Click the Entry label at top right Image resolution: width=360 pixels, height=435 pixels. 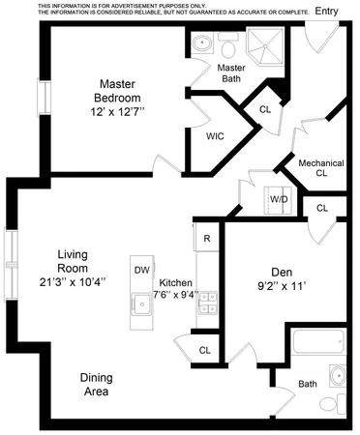click(327, 11)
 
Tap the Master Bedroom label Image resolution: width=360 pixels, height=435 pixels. click(117, 91)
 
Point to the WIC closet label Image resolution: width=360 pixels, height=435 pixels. click(216, 136)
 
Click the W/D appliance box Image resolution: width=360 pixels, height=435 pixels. click(280, 198)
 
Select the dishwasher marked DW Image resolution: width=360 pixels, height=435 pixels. click(141, 270)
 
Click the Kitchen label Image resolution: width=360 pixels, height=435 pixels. click(176, 283)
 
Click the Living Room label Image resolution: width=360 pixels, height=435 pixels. click(74, 261)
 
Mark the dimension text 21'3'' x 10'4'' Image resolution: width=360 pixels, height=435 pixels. click(74, 282)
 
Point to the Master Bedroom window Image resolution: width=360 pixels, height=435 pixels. click(42, 98)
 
